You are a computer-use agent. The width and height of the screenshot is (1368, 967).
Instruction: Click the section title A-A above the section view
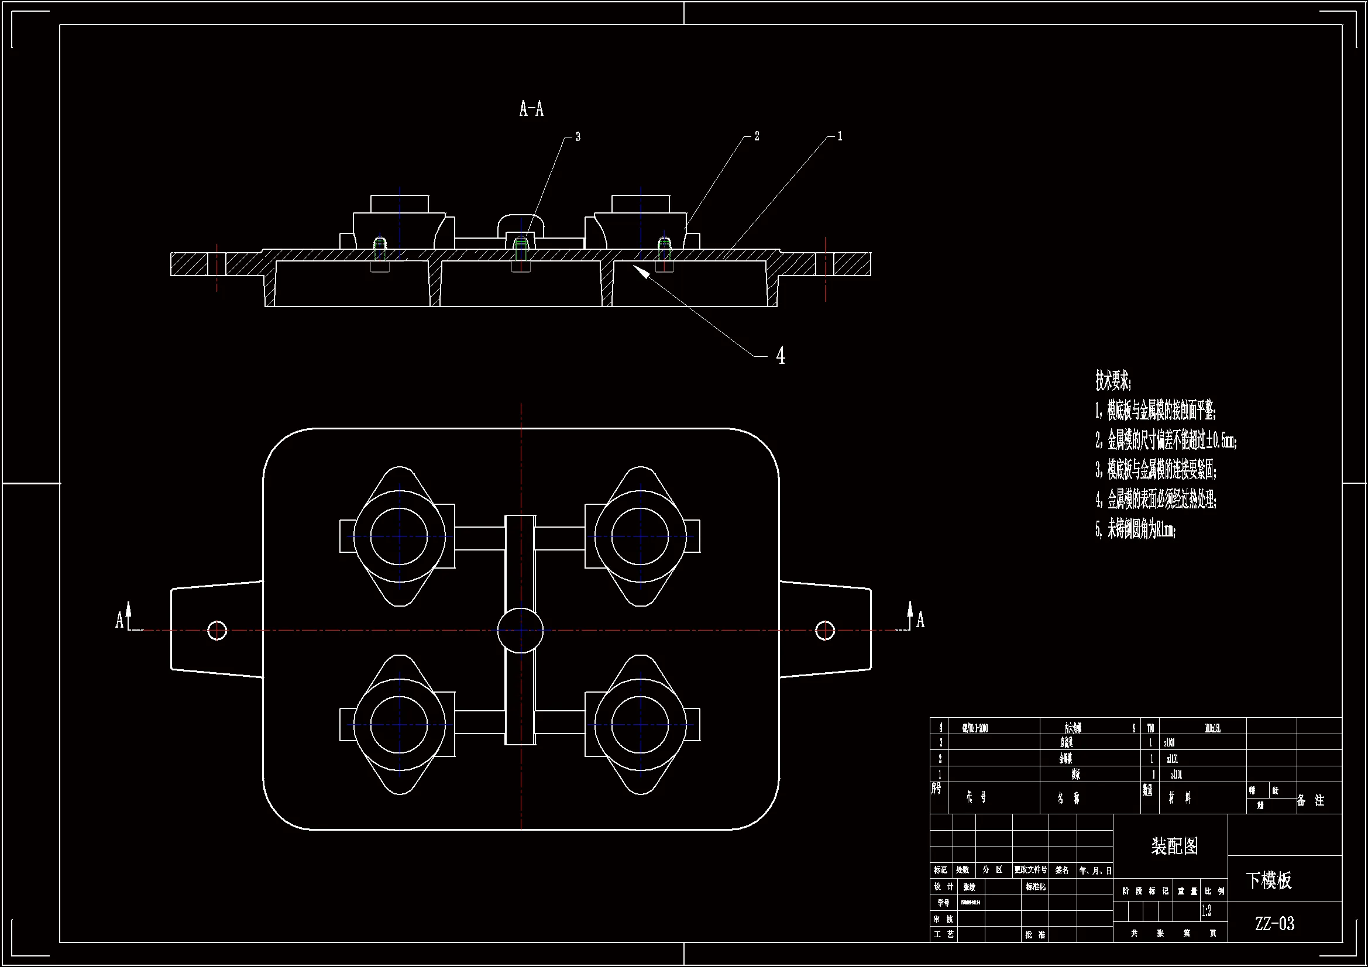click(531, 109)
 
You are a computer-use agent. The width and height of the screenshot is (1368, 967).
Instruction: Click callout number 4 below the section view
click(781, 356)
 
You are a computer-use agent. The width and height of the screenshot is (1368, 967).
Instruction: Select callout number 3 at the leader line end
click(578, 137)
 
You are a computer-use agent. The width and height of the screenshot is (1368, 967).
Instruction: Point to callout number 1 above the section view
click(840, 136)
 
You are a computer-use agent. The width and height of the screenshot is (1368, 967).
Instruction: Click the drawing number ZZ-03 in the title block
click(1274, 924)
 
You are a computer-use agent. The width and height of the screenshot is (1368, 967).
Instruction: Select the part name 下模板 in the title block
click(1269, 880)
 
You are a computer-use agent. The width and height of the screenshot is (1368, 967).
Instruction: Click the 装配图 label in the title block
click(1174, 846)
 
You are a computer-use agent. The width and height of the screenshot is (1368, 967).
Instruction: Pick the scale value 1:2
click(1206, 911)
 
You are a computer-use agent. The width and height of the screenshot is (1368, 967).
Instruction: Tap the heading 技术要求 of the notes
click(1112, 380)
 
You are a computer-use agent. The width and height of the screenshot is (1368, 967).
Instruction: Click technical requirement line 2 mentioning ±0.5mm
click(1166, 441)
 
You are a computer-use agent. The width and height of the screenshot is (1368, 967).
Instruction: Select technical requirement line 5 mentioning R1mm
click(1135, 529)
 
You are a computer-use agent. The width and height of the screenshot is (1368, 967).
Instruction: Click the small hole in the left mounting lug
click(217, 631)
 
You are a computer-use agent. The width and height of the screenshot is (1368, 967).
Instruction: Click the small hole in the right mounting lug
click(824, 631)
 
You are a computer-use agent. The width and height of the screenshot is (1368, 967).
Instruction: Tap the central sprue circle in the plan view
click(521, 631)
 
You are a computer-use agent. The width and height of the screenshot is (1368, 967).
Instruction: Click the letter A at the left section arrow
click(119, 620)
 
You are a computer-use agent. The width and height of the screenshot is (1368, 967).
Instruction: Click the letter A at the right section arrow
click(920, 620)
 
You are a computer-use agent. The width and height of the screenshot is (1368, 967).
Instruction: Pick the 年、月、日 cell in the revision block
click(1095, 870)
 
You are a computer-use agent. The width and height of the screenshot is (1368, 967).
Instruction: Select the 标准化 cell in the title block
click(1035, 887)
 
